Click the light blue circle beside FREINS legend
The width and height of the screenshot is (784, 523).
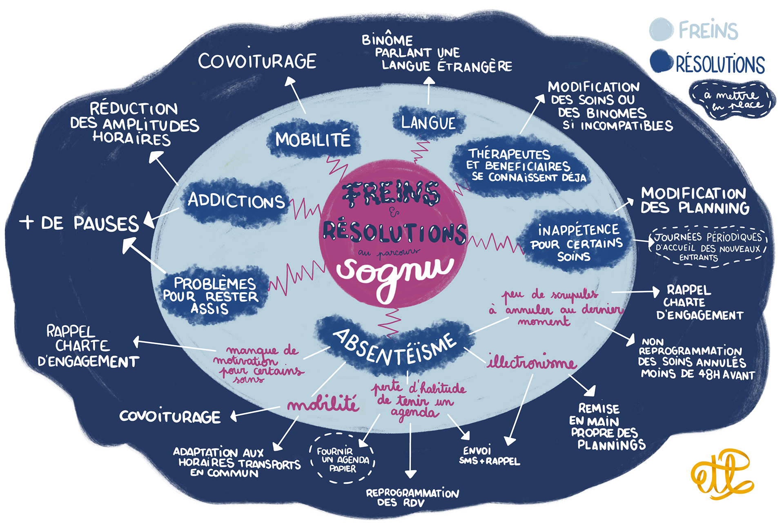coord(661,29)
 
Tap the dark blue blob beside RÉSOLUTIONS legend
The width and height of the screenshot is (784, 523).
coord(661,61)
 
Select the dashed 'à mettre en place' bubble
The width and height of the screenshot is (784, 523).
coord(733,100)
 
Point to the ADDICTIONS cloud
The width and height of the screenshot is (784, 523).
coord(236,201)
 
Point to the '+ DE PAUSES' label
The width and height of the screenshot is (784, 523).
coord(80,224)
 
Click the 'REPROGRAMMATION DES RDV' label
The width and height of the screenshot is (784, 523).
coord(412,497)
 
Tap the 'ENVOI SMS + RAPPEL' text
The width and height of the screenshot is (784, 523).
coord(489,456)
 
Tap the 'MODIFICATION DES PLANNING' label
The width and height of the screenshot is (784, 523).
coord(695,201)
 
